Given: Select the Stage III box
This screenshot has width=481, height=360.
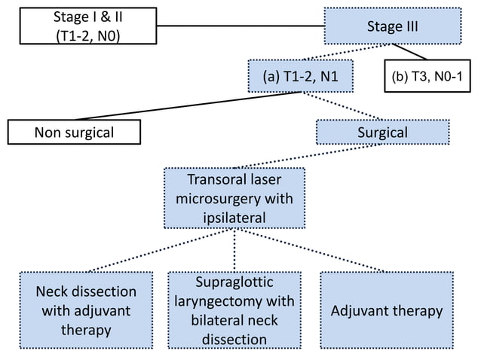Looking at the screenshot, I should pyautogui.click(x=392, y=27).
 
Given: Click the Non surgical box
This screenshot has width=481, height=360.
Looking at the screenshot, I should pyautogui.click(x=74, y=133).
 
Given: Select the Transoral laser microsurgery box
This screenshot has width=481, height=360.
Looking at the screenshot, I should pyautogui.click(x=234, y=198).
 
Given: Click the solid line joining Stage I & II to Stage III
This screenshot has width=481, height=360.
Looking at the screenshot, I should pyautogui.click(x=241, y=27).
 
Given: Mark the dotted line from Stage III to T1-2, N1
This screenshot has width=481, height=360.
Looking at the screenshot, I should pyautogui.click(x=339, y=53).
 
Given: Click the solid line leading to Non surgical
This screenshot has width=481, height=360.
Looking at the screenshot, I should pyautogui.click(x=188, y=105).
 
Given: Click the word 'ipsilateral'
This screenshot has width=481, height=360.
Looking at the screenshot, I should pyautogui.click(x=234, y=218).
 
